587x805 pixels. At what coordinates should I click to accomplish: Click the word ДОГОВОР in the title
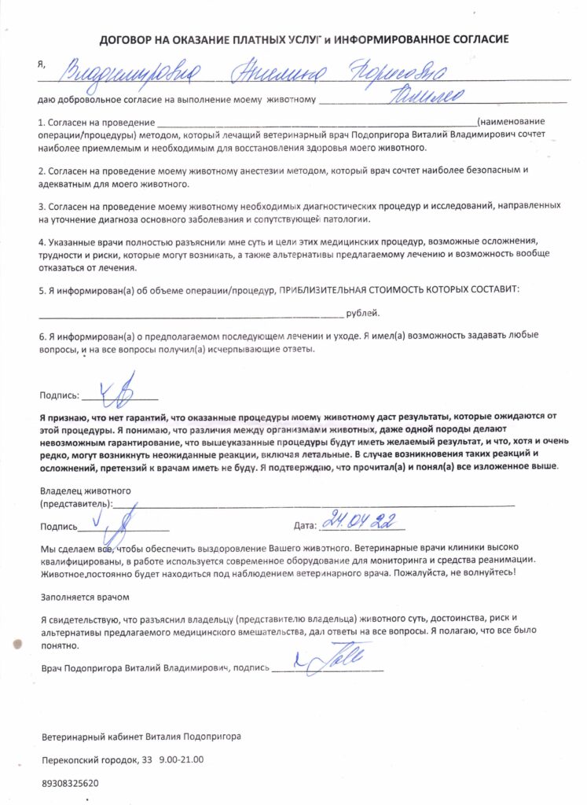pos(129,39)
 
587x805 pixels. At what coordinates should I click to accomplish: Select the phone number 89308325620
pos(70,783)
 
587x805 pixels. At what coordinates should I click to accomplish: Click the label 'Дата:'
pos(303,526)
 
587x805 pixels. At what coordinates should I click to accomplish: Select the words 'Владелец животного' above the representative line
pos(85,491)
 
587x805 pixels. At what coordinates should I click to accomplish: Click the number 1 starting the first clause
pos(41,123)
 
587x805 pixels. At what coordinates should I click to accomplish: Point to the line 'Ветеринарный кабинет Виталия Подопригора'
pos(141,737)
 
